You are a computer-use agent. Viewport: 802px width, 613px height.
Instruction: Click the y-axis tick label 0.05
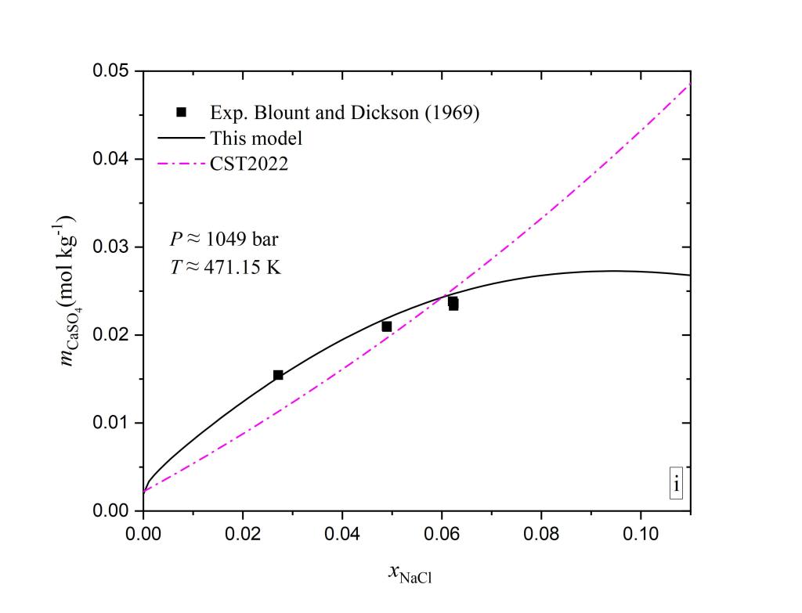(x=112, y=71)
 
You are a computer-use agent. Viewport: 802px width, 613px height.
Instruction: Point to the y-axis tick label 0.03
(x=112, y=247)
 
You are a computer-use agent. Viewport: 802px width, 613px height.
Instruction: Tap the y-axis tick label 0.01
(x=112, y=424)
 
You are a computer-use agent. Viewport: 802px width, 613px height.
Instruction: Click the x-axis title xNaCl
(x=410, y=575)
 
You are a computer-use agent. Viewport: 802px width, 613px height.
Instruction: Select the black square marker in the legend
(x=181, y=112)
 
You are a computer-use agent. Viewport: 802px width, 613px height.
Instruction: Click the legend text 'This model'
(x=256, y=139)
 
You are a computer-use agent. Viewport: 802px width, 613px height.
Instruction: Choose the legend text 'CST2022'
(x=249, y=164)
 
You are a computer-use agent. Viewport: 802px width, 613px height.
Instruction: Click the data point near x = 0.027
(x=278, y=375)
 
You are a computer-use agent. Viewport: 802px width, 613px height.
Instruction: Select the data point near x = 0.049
(x=387, y=326)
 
